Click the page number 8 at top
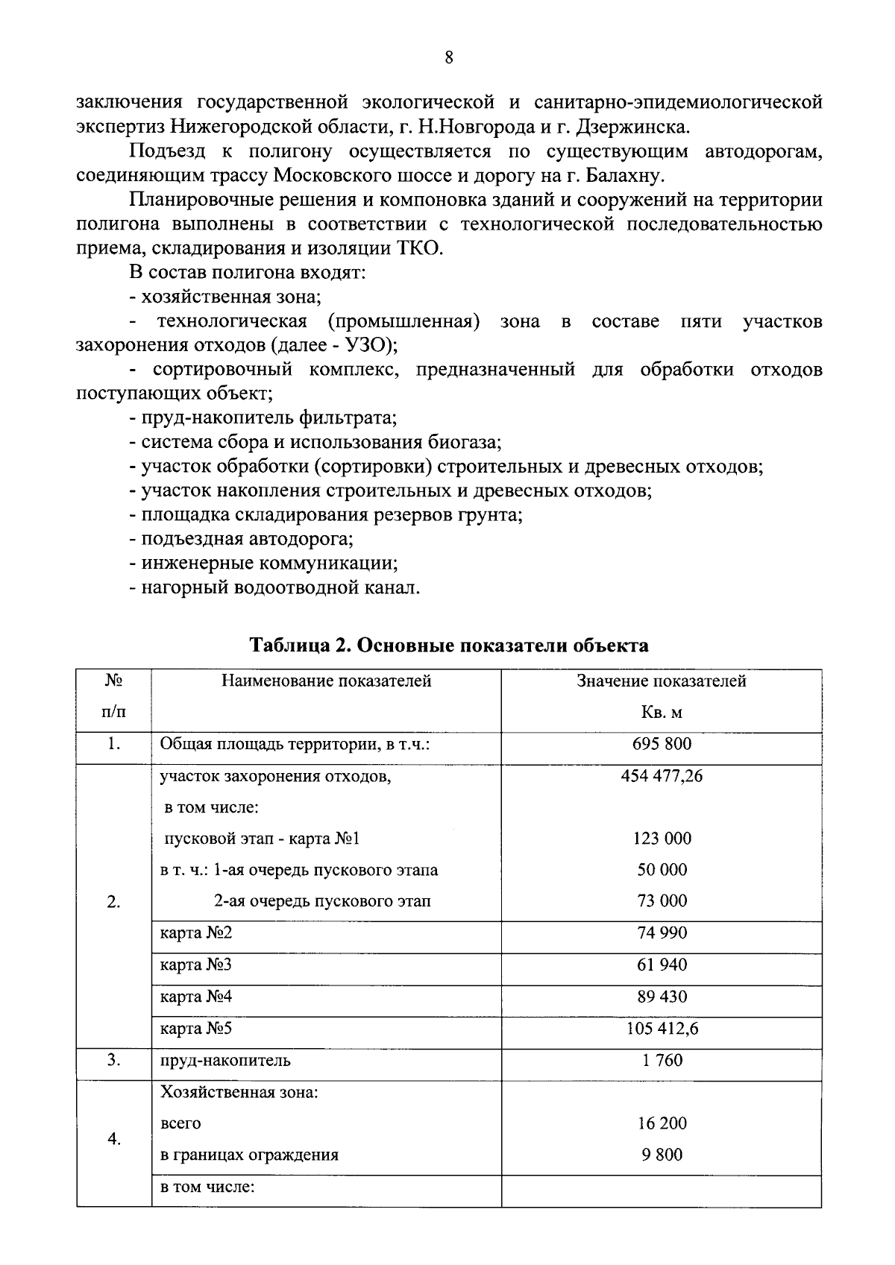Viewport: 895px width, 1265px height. [448, 58]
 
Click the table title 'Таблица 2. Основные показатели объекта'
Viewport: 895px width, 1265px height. [448, 646]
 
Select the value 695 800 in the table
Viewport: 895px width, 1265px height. [662, 744]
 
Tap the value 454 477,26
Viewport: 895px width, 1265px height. [662, 776]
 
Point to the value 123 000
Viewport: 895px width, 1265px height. [662, 839]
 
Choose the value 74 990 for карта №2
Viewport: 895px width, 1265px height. [662, 933]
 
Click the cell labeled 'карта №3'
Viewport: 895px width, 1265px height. [196, 965]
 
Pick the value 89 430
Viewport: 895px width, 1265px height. [662, 997]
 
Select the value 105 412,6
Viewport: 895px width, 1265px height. [662, 1029]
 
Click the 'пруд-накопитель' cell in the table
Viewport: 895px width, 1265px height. [225, 1061]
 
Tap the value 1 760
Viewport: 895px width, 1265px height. [662, 1061]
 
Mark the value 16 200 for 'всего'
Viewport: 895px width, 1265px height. [662, 1123]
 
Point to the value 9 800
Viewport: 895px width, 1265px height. [662, 1155]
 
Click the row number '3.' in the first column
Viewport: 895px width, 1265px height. [113, 1061]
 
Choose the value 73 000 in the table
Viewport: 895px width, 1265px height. [662, 901]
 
